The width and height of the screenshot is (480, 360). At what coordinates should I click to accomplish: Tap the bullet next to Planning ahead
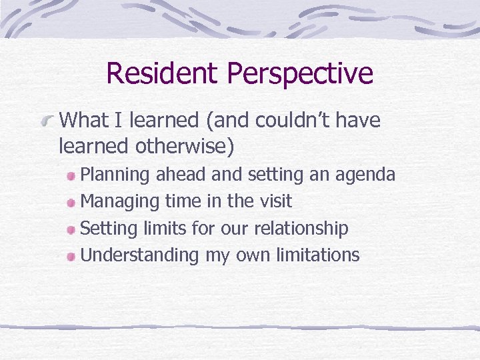(71, 176)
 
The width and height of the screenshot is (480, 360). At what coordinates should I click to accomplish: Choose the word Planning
(115, 175)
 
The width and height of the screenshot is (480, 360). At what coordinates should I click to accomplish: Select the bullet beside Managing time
(71, 203)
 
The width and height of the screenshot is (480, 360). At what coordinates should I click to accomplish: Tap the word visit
(274, 201)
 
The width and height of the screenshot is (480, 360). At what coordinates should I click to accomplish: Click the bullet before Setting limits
(71, 229)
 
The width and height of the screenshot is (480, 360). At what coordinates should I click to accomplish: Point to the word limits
(165, 228)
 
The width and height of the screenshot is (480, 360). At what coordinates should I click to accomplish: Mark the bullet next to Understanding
(71, 256)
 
